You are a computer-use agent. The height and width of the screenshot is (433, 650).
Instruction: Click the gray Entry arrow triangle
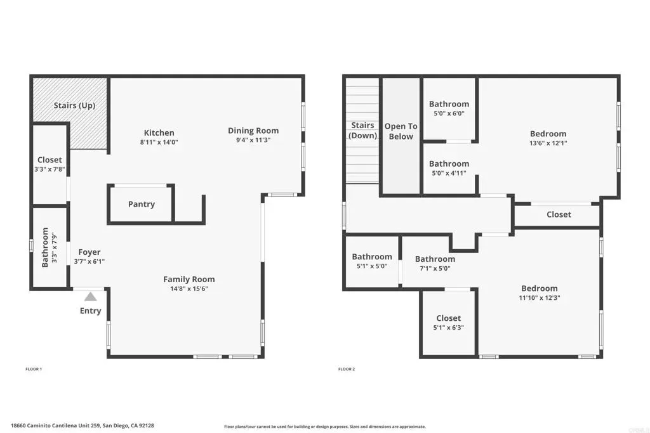point(90,297)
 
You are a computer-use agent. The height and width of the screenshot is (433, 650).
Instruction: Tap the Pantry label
point(142,204)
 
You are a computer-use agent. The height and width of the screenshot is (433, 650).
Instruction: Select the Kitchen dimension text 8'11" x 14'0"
point(159,143)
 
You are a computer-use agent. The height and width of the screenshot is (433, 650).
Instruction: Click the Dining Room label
point(253,131)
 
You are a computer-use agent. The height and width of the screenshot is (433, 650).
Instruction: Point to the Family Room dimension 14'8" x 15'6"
point(189,289)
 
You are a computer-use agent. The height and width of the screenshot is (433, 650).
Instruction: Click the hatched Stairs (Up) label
point(75,106)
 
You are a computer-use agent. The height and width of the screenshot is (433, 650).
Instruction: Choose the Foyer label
point(89,252)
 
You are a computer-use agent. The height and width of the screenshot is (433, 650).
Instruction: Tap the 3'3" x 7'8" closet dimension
point(50,169)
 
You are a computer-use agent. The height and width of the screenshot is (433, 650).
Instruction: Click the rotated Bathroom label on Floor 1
point(45,247)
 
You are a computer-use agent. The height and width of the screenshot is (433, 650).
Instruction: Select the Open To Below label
point(401,131)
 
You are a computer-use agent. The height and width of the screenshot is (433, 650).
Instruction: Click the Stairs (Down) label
point(362,131)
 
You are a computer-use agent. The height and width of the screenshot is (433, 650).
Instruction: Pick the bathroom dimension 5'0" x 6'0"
point(449,113)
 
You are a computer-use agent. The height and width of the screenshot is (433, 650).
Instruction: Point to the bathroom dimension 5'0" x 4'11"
point(449,174)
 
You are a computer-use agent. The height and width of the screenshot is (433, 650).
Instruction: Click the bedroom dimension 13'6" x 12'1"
point(548,143)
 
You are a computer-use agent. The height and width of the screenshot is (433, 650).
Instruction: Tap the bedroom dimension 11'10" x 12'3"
point(540,297)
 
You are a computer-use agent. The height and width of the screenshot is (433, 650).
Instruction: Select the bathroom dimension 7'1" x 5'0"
point(435,268)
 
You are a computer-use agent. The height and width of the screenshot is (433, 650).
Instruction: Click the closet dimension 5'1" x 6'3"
point(449,327)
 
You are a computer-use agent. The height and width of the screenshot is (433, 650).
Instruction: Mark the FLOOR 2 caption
point(347,369)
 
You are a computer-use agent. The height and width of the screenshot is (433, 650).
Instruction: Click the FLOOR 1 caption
point(34,369)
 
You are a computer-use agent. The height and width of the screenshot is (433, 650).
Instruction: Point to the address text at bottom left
point(83,425)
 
